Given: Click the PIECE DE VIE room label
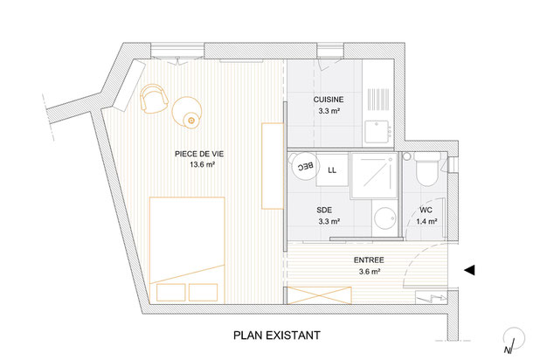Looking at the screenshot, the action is (199, 154).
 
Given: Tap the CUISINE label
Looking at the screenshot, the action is (329, 100).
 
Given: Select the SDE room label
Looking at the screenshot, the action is (324, 210).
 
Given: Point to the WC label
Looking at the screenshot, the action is (426, 210).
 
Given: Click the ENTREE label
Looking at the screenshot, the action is (369, 260).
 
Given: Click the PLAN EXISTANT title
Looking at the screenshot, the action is (277, 336).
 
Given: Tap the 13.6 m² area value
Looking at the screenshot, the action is (203, 164).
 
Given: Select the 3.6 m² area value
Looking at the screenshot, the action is (370, 272).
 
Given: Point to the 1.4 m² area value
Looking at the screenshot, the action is (426, 221).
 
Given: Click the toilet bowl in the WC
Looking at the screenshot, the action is (427, 170).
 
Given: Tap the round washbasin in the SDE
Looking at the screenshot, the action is (384, 218).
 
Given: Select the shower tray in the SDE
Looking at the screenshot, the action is (374, 176).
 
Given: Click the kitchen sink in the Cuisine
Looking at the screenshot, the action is (378, 131).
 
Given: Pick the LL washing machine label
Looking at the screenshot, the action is (332, 170).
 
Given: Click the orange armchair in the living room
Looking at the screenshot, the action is (154, 99).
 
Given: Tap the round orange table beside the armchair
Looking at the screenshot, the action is (187, 112).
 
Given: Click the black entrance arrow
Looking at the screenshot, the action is (469, 270).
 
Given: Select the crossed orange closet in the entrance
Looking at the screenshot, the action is (319, 295).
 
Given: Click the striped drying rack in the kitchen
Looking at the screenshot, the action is (378, 100).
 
